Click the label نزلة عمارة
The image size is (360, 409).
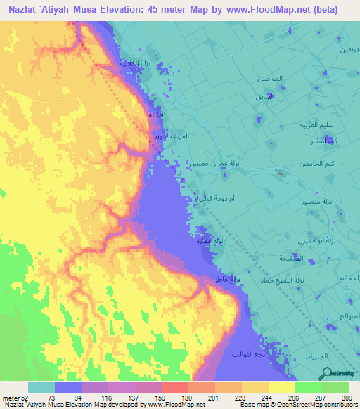pyautogui.click(x=207, y=242)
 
